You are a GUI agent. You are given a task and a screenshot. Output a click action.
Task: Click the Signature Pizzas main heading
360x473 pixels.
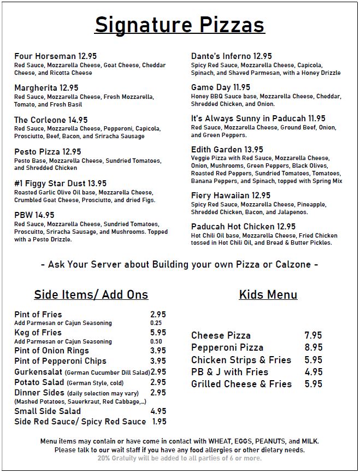[179, 25]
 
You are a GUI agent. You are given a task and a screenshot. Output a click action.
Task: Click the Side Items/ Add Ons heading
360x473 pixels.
[91, 295]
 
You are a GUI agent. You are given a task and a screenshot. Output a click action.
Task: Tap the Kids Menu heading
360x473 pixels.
[268, 295]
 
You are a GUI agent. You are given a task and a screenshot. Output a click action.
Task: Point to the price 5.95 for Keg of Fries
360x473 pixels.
[158, 333]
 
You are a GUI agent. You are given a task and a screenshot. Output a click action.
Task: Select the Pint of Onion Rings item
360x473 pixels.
[51, 351]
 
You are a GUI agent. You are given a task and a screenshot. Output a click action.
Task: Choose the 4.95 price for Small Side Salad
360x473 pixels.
[158, 411]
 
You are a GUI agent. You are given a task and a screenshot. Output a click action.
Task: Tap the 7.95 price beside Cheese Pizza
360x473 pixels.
[313, 335]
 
